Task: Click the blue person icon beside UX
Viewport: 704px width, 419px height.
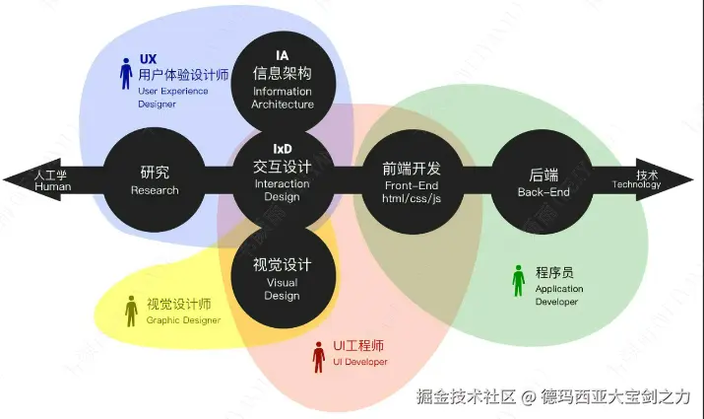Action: (126, 74)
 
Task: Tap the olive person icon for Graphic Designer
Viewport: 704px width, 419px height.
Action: (132, 311)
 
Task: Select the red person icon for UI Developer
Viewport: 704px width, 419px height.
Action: (318, 357)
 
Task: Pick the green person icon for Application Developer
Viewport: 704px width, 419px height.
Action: (519, 281)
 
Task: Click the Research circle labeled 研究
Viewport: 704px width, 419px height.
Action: (155, 178)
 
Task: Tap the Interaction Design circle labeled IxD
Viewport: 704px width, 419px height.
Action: (283, 177)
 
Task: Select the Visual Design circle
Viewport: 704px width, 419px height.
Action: (283, 276)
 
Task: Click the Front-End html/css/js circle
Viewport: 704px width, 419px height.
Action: (411, 178)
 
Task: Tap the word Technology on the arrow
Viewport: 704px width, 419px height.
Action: (636, 184)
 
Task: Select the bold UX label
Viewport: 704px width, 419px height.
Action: (149, 59)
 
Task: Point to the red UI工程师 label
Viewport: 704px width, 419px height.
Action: (357, 346)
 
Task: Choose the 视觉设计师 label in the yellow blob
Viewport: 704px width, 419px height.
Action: (179, 303)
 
